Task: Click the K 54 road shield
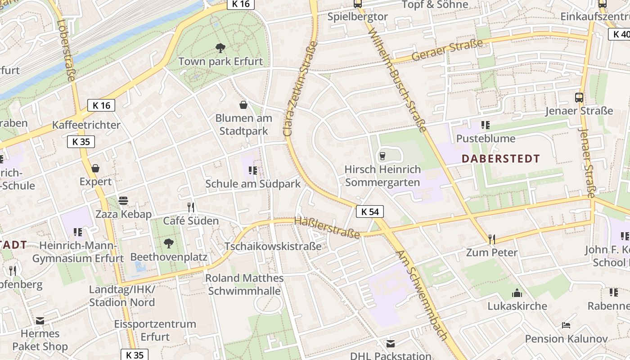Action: tap(370, 211)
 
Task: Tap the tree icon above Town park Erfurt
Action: tap(220, 48)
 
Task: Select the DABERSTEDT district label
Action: tap(500, 158)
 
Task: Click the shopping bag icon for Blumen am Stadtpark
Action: tap(243, 105)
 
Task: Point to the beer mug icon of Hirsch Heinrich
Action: tap(382, 156)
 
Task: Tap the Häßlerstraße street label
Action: tap(327, 227)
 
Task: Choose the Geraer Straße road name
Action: tap(447, 51)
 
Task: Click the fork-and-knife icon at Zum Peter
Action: tap(491, 239)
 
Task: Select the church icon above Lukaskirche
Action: tap(517, 293)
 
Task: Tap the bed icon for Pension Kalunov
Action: tap(566, 325)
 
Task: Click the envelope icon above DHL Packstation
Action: tap(391, 343)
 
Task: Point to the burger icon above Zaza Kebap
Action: tap(123, 201)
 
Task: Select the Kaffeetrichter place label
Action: tap(86, 125)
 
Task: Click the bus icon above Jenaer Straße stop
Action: tap(579, 97)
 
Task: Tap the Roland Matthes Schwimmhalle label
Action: tap(244, 284)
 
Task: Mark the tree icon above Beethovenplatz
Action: tap(169, 243)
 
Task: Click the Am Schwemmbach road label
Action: tap(422, 295)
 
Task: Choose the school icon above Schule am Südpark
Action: tap(252, 171)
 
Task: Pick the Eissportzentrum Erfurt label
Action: tap(155, 330)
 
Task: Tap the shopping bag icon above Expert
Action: tap(95, 168)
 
